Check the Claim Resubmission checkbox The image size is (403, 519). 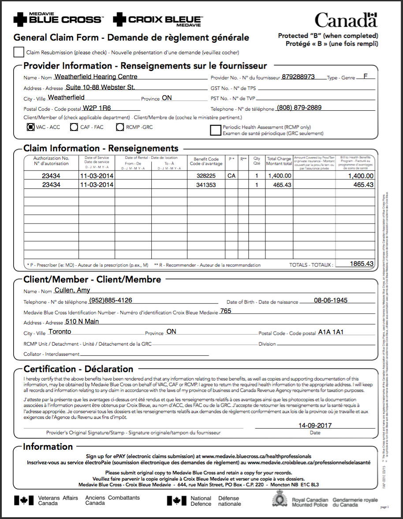(19, 52)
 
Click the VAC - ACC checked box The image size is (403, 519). (30, 127)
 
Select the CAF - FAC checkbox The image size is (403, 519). (75, 127)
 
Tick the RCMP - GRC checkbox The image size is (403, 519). (120, 127)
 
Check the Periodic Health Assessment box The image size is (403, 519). (216, 130)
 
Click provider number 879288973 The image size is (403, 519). (299, 77)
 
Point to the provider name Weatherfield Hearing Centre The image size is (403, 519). (96, 77)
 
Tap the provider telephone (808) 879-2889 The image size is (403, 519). (299, 108)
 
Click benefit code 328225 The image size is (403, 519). (206, 175)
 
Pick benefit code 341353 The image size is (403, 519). (206, 185)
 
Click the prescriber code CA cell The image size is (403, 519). (231, 175)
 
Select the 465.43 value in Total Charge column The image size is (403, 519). (279, 185)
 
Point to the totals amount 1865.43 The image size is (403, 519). (362, 264)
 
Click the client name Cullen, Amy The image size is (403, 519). (72, 290)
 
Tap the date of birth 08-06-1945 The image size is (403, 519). (331, 300)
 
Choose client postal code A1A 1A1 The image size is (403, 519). (331, 332)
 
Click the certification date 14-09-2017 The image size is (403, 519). (315, 426)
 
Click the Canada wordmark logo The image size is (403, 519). (346, 20)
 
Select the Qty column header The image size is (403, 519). (257, 161)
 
